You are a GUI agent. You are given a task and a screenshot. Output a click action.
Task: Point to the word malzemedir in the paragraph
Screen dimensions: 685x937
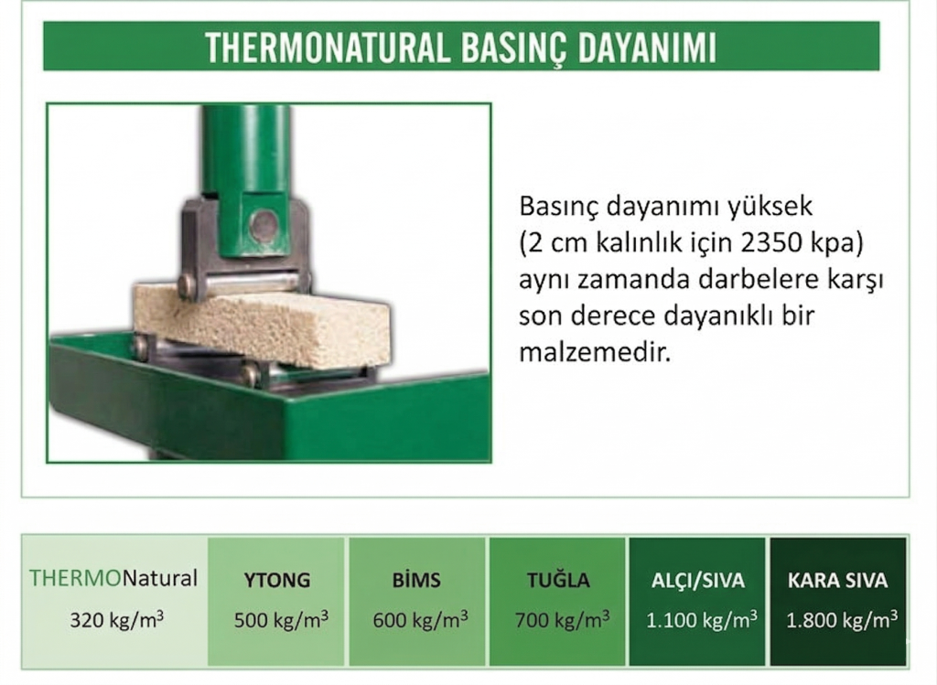click(595, 352)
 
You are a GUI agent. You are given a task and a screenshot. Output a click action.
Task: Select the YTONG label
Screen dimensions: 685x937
click(277, 580)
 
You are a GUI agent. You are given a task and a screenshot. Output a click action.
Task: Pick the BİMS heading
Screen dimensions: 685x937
click(416, 580)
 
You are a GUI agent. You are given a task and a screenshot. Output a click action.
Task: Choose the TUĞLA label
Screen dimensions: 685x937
click(558, 580)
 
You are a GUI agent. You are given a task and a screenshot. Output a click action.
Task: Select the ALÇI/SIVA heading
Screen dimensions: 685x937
click(699, 580)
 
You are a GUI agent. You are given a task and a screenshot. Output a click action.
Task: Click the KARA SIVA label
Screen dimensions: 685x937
click(837, 580)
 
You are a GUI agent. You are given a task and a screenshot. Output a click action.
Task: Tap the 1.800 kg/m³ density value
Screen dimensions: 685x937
click(841, 619)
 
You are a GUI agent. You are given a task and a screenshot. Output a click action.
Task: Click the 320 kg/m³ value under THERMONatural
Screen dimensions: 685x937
click(116, 619)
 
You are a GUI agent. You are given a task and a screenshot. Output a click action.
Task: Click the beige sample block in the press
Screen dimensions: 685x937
click(265, 322)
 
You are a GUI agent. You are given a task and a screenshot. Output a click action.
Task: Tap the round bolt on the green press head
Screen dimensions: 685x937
click(264, 225)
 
